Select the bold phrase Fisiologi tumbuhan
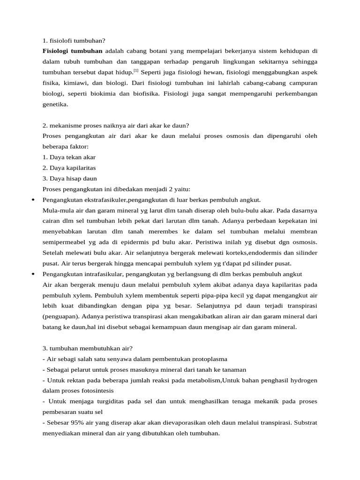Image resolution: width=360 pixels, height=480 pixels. pos(72,50)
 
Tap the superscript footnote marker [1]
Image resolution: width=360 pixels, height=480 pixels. pos(136,71)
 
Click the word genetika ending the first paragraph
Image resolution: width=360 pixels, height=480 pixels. pos(55,104)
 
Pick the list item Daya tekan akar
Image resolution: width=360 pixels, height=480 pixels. pos(69,157)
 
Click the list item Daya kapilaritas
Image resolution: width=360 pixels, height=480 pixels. pos(69,168)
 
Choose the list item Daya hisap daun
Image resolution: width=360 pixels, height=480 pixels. pos(69,178)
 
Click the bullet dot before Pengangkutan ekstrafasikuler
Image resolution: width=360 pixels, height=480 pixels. pos(32,200)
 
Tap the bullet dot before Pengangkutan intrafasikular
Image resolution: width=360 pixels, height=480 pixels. pos(32,274)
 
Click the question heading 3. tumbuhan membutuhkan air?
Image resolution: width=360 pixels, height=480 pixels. pos(87,348)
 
